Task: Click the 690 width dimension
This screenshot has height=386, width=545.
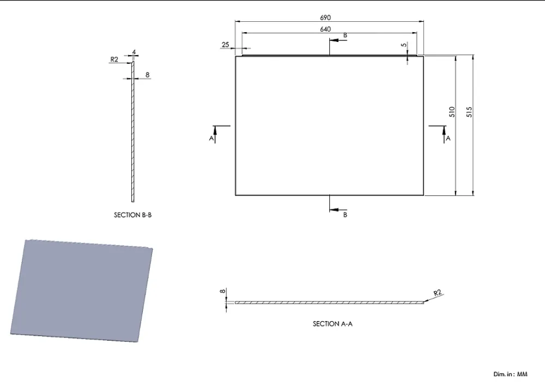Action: tap(325, 17)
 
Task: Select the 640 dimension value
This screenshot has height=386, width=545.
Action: tap(325, 29)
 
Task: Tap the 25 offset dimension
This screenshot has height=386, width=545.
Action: tap(225, 45)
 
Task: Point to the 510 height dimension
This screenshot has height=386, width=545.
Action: tap(452, 112)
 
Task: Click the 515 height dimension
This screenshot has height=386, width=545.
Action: tap(469, 112)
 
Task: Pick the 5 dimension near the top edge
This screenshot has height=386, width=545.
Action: tap(403, 45)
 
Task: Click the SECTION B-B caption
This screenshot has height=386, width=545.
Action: tap(133, 215)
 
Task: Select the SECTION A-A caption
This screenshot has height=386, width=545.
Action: tap(332, 324)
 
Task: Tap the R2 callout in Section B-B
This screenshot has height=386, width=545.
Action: tap(114, 59)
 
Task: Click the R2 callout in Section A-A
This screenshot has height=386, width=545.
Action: tap(438, 293)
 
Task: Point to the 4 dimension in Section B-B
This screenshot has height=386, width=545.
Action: tap(134, 52)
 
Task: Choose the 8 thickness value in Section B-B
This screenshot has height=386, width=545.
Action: tap(147, 75)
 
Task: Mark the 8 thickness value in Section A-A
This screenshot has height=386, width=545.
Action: tap(223, 291)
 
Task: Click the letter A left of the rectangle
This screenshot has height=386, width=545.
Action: tap(211, 138)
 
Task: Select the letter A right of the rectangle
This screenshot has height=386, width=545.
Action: tap(448, 138)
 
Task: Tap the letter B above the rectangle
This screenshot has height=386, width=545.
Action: tap(345, 35)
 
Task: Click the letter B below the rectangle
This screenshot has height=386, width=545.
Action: tap(345, 215)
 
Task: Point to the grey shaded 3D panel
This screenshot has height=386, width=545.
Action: tap(81, 291)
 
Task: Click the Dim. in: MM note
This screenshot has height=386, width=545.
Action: tap(510, 374)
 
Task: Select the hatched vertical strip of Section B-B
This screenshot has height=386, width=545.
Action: tap(133, 131)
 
